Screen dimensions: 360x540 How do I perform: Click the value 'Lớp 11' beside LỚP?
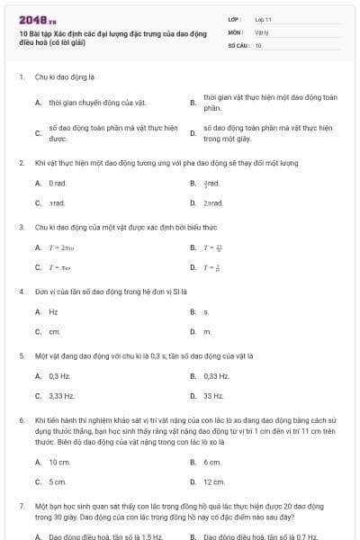pos(264,18)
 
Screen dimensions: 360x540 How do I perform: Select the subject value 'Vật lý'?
pos(261,31)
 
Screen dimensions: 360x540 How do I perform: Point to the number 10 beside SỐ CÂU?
pos(258,44)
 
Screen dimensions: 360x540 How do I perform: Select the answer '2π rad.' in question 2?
pos(213,202)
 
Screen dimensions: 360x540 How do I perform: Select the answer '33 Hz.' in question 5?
pos(213,395)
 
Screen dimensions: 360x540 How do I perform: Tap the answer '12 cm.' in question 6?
pos(213,481)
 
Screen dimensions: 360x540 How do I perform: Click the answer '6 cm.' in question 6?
pos(211,462)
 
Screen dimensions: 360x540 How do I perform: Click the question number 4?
pos(21,292)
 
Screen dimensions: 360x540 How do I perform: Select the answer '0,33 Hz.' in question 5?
pos(217,375)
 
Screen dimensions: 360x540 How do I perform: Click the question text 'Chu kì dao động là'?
pos(66,77)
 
